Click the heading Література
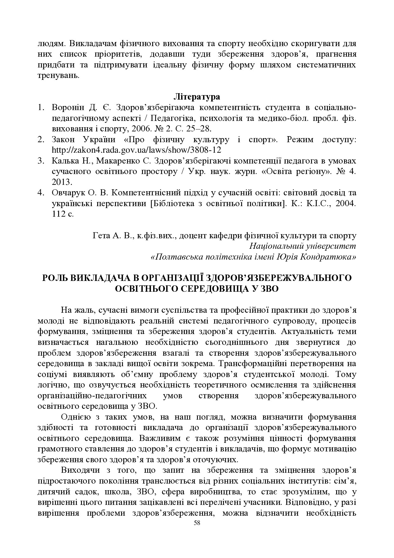[197, 96]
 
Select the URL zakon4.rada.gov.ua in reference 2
[136, 150]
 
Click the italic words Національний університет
[302, 246]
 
